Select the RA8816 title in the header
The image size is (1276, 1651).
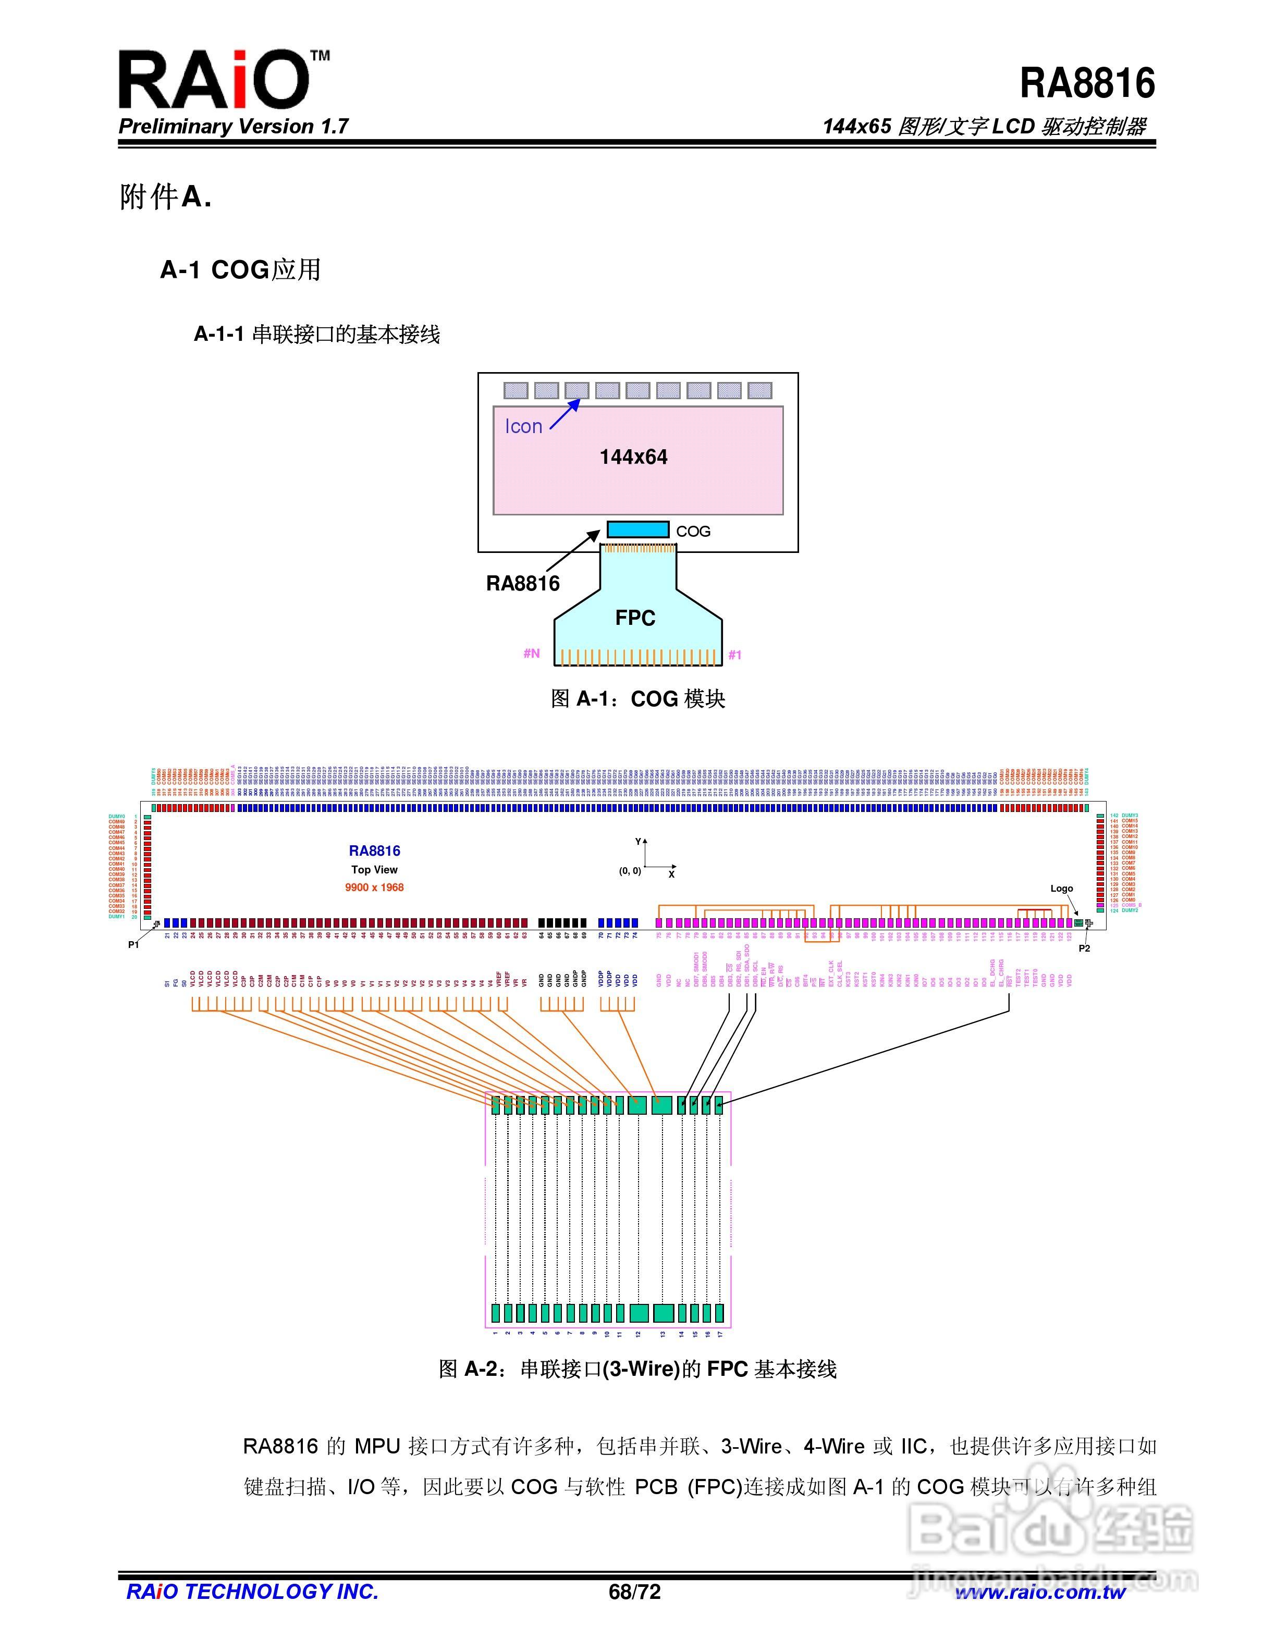1086,83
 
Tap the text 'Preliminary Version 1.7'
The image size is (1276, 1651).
233,126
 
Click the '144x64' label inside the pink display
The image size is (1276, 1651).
633,458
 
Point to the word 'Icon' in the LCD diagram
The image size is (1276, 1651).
523,426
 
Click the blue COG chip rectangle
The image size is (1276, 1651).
637,529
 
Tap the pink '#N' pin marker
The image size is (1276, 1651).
532,653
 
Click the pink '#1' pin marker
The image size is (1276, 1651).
735,655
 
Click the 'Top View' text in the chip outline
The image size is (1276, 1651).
374,869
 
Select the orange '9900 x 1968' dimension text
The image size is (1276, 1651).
374,888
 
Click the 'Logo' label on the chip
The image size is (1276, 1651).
1061,888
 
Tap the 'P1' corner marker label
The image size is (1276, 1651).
134,945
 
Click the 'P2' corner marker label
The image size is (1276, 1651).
1084,948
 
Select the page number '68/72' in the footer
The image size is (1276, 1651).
634,1592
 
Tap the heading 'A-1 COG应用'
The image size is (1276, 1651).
240,270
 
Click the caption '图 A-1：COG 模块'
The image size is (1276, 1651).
637,698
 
